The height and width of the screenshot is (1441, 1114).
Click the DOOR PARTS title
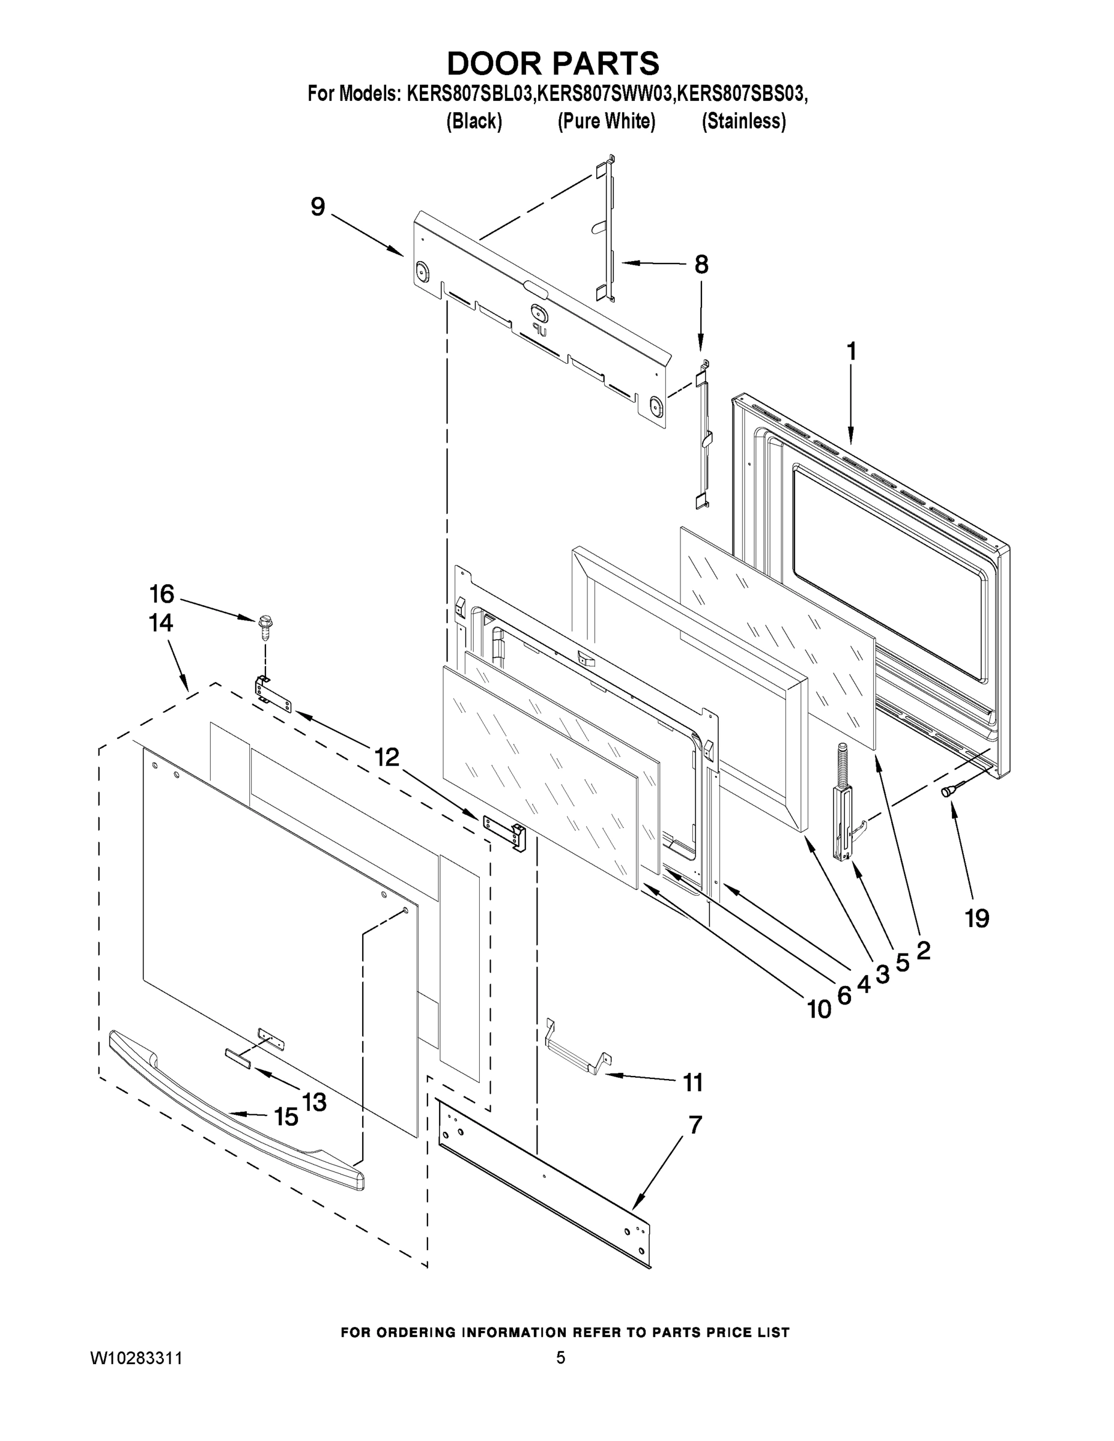[x=553, y=63]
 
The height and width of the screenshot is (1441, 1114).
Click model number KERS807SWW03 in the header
[x=606, y=94]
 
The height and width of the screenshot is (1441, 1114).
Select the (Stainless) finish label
[x=743, y=121]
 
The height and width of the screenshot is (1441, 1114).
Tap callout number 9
[x=318, y=207]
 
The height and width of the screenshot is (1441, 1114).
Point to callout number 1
[x=852, y=352]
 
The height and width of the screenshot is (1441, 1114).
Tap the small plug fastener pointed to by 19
[x=949, y=790]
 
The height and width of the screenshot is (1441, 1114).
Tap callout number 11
[x=693, y=1083]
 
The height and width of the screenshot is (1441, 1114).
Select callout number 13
[x=314, y=1101]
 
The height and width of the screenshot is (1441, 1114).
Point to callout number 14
[x=161, y=622]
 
